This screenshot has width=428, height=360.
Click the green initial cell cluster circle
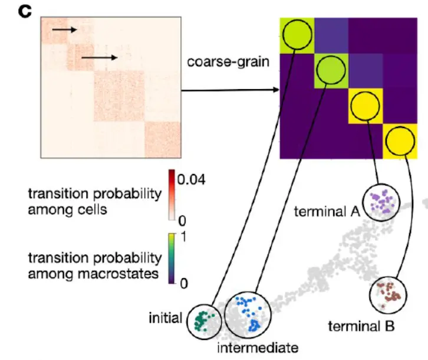[202, 320]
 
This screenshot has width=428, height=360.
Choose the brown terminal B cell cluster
[388, 293]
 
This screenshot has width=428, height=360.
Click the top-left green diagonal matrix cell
[296, 36]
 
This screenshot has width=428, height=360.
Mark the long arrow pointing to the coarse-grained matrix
[230, 90]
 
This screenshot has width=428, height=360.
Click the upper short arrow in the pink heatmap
[64, 28]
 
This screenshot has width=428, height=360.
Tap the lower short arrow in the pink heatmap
[100, 57]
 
